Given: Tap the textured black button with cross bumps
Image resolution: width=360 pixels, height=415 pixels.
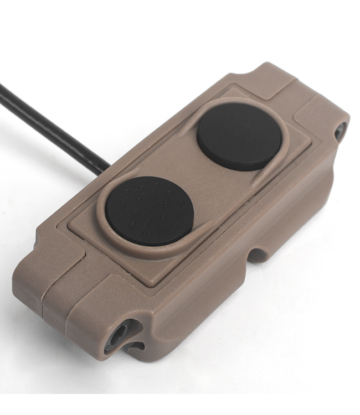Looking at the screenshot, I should click(x=150, y=211).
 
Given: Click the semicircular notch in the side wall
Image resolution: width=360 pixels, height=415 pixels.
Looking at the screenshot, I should click(x=256, y=255).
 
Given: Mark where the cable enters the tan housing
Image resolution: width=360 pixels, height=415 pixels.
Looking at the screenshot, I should click(x=105, y=166).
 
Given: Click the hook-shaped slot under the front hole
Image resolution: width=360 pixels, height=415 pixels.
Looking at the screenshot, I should click(x=133, y=346).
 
